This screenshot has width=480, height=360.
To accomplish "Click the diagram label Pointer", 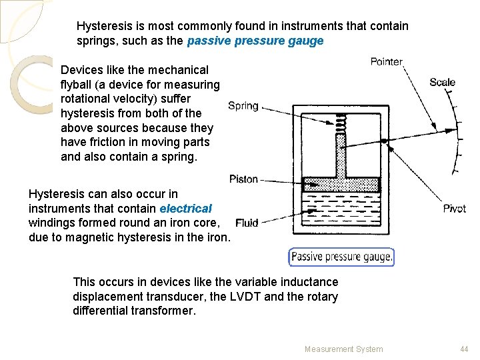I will tap(387, 62).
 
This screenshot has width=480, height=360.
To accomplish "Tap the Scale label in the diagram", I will tap(442, 82).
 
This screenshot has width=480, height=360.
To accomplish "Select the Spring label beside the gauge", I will tap(243, 105).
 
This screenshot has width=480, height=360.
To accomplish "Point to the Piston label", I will tap(243, 179).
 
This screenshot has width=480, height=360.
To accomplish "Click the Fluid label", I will tap(246, 223).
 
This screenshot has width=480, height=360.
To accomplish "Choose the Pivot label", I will tap(454, 209).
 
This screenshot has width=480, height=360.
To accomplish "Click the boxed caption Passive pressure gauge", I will tap(341, 257).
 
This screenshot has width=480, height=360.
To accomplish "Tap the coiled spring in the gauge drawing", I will tap(341, 123).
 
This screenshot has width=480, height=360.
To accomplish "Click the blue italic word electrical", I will tap(185, 208).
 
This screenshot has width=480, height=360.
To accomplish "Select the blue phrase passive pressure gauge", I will tap(255, 41).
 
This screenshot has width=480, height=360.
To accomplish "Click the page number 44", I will tap(464, 349).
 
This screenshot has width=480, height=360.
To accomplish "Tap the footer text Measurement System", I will tap(343, 349).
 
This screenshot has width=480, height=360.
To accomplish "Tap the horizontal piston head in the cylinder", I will tap(341, 185).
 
